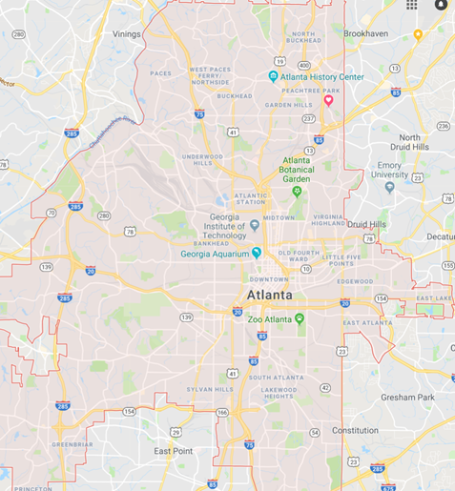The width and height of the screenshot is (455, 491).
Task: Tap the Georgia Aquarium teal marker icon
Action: pyautogui.click(x=257, y=253)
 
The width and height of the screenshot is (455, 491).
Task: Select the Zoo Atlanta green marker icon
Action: pyautogui.click(x=300, y=318)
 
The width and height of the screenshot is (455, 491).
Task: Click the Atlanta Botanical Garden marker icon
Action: pyautogui.click(x=296, y=191)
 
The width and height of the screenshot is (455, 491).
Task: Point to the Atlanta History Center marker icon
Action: pyautogui.click(x=274, y=76)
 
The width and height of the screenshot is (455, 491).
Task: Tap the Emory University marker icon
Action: pyautogui.click(x=389, y=187)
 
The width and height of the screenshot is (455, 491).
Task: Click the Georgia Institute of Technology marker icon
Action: pyautogui.click(x=255, y=226)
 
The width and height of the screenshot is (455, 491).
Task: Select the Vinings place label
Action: pyautogui.click(x=127, y=33)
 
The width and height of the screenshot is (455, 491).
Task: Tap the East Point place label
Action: pyautogui.click(x=174, y=450)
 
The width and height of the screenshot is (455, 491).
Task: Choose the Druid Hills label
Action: pyautogui.click(x=366, y=224)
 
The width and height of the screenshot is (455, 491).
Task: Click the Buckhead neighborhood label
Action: pyautogui.click(x=235, y=96)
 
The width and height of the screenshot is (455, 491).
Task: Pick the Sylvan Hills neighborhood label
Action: pyautogui.click(x=210, y=390)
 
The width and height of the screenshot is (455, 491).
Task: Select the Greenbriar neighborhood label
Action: pyautogui.click(x=72, y=443)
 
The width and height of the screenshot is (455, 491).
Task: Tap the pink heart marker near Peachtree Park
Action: pyautogui.click(x=329, y=100)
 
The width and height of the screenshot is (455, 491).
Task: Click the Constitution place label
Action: pyautogui.click(x=355, y=430)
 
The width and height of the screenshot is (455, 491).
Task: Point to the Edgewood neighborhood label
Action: pyautogui.click(x=354, y=281)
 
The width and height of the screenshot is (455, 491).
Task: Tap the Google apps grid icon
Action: pyautogui.click(x=412, y=5)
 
